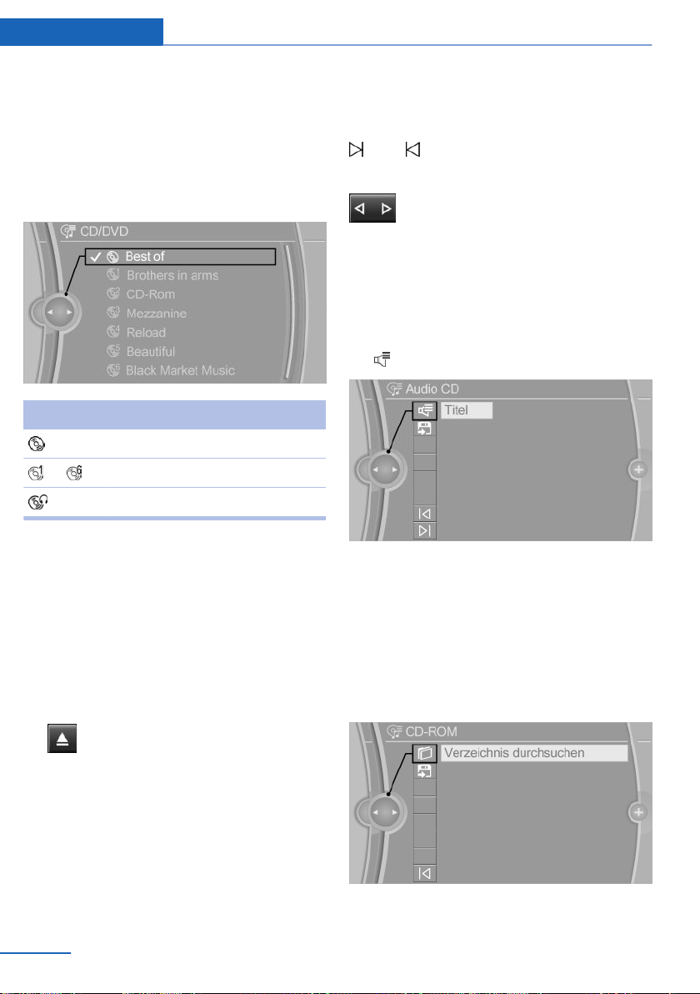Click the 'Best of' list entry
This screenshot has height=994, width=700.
pos(144,257)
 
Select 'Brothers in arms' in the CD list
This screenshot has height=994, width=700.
pos(172,276)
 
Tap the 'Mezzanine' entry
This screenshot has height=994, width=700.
pos(157,314)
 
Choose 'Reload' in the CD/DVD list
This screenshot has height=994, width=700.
pos(146,332)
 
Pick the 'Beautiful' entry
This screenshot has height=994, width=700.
pos(151,351)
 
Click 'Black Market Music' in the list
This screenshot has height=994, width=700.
pos(180,370)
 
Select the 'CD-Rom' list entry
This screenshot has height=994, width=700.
pos(151,294)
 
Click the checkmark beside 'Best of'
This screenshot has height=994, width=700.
pos(95,257)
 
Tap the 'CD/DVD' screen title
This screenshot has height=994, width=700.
pos(104,231)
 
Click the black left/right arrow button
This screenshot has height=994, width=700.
pos(372,208)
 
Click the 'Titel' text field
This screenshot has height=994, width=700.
pos(467,410)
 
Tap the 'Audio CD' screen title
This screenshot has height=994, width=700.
pos(432,389)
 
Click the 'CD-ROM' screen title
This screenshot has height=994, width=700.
pos(432,731)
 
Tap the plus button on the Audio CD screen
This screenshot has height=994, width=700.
pos(638,469)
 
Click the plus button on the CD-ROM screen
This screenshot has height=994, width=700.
pos(638,812)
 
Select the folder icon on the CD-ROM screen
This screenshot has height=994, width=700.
pos(425,753)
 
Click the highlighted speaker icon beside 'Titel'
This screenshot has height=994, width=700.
pos(425,411)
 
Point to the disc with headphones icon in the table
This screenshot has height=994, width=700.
pos(38,502)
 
